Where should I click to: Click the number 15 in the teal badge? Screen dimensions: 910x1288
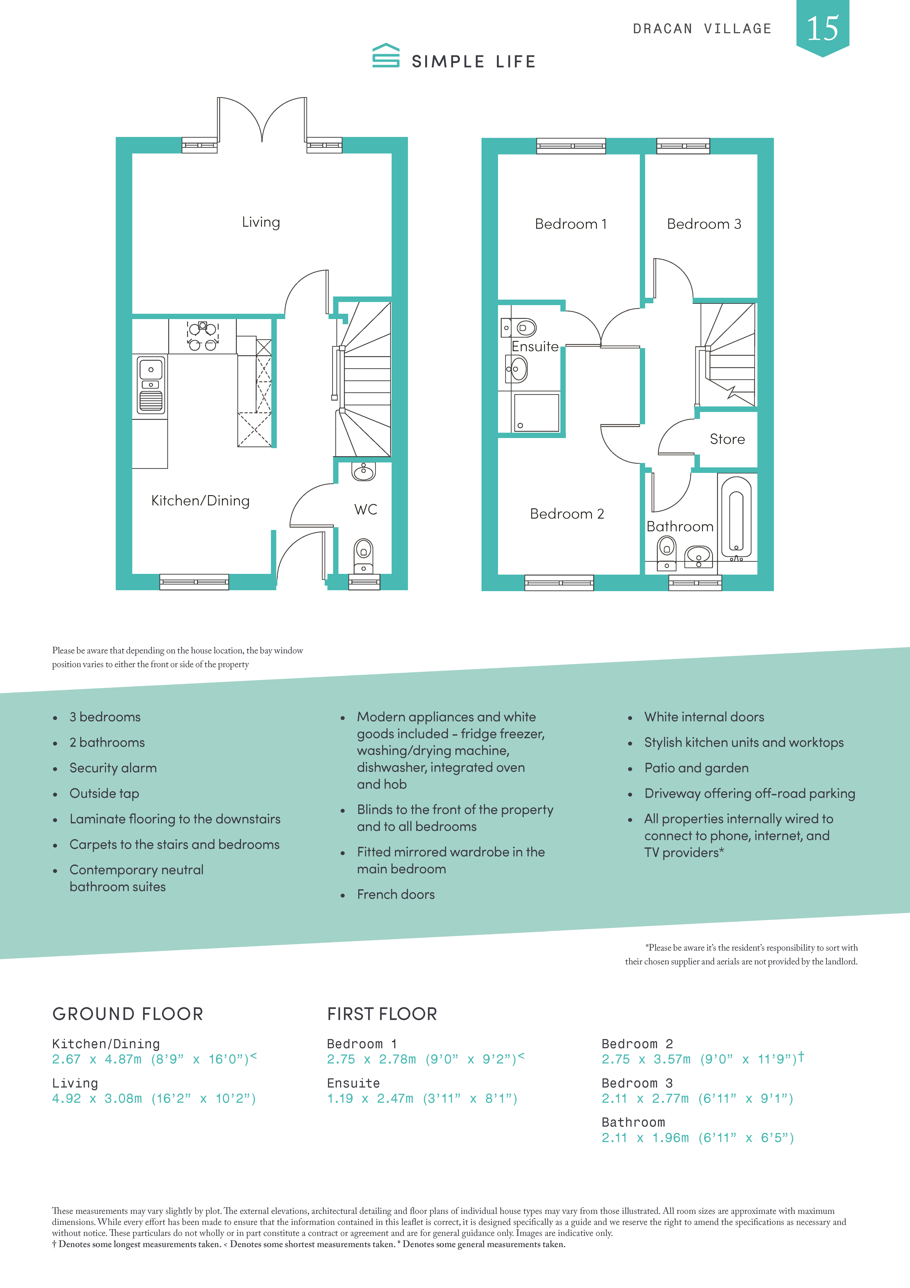823,28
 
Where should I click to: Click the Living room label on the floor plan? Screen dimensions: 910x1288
261,222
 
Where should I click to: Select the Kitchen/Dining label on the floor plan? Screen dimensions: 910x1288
200,500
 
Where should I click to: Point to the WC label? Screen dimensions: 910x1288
366,509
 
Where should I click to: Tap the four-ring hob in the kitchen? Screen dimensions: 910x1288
202,335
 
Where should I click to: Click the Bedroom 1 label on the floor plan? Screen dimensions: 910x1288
571,224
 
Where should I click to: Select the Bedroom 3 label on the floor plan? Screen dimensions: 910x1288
704,224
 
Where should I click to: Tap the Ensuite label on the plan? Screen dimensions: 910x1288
535,347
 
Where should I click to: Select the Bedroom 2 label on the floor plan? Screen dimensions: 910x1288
567,514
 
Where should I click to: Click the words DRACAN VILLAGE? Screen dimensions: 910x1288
702,29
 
